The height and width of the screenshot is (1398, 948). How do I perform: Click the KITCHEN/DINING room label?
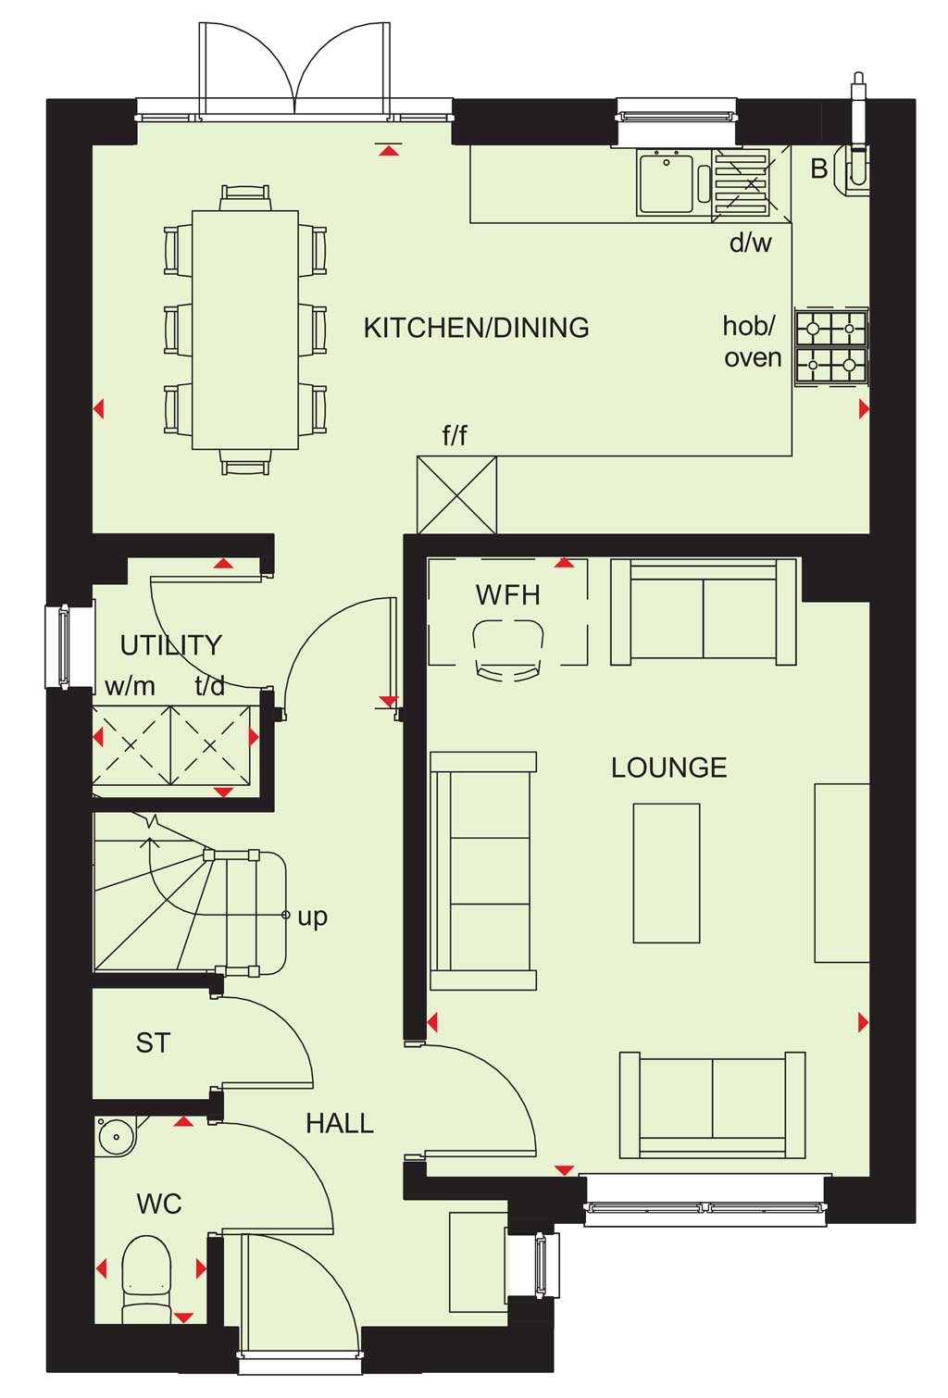coord(476,328)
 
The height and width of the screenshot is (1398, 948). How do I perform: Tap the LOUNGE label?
coord(669,768)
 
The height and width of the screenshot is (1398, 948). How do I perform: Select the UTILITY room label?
coord(171,645)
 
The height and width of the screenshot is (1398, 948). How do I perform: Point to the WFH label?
coord(507,595)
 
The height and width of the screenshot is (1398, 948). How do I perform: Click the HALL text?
coord(340,1123)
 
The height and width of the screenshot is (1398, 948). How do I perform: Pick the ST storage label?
coord(153,1042)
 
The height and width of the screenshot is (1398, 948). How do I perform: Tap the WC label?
coord(159,1204)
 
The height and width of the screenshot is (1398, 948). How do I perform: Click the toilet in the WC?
coord(146,1280)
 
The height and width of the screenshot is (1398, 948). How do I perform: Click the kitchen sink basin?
coord(666,181)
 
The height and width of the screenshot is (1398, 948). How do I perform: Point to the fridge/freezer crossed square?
coord(456,495)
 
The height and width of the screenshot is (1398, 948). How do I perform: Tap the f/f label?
coord(455,436)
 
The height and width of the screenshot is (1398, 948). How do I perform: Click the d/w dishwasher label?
coord(750,243)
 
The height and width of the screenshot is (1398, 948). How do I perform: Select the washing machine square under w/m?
coord(131,745)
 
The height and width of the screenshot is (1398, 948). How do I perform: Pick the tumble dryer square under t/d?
coord(211,745)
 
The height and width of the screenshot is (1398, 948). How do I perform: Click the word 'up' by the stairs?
coord(313,917)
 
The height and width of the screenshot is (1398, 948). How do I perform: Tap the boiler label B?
coord(818,169)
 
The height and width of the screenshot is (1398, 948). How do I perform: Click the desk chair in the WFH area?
coord(508,649)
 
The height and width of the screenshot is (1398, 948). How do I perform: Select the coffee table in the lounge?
coord(666,872)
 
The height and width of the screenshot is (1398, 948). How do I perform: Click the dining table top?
coord(244,330)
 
